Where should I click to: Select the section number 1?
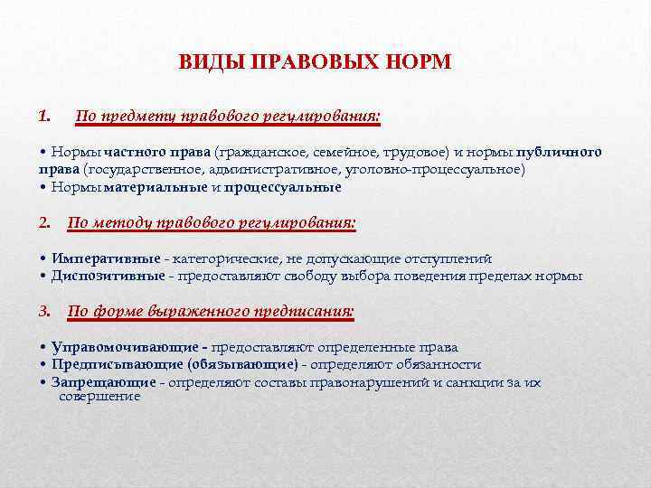[44, 116]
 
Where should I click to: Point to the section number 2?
[44, 221]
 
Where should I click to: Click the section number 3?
[44, 311]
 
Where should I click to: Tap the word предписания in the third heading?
[303, 312]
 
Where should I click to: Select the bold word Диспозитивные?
[108, 276]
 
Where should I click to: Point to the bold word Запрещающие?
[103, 382]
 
